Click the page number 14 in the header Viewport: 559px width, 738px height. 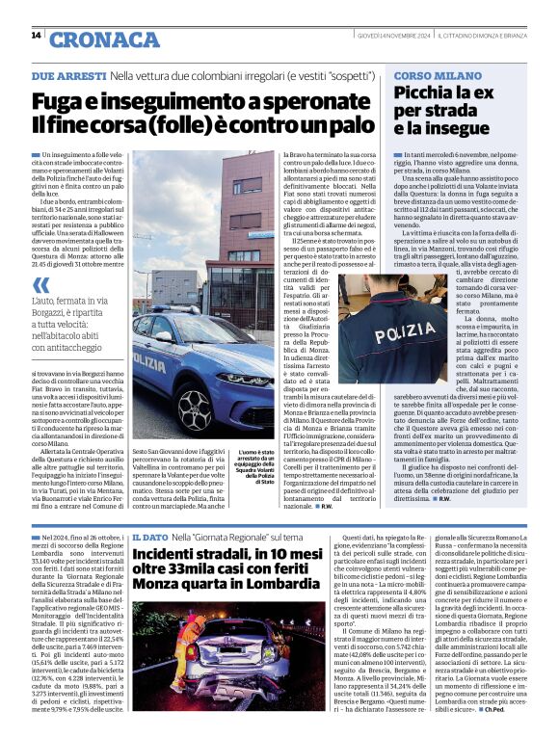tap(36, 35)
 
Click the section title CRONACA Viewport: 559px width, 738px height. tap(104, 40)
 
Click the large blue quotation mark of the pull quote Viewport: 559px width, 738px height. tap(40, 285)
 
